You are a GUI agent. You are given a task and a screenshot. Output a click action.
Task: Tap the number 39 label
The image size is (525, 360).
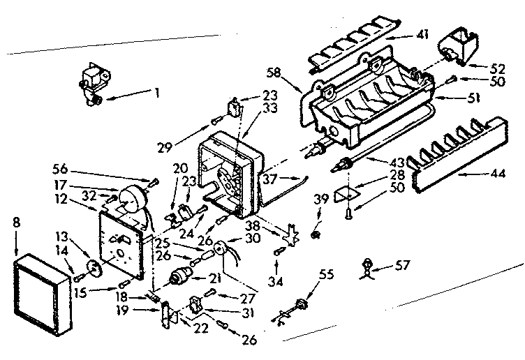pyautogui.click(x=320, y=200)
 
